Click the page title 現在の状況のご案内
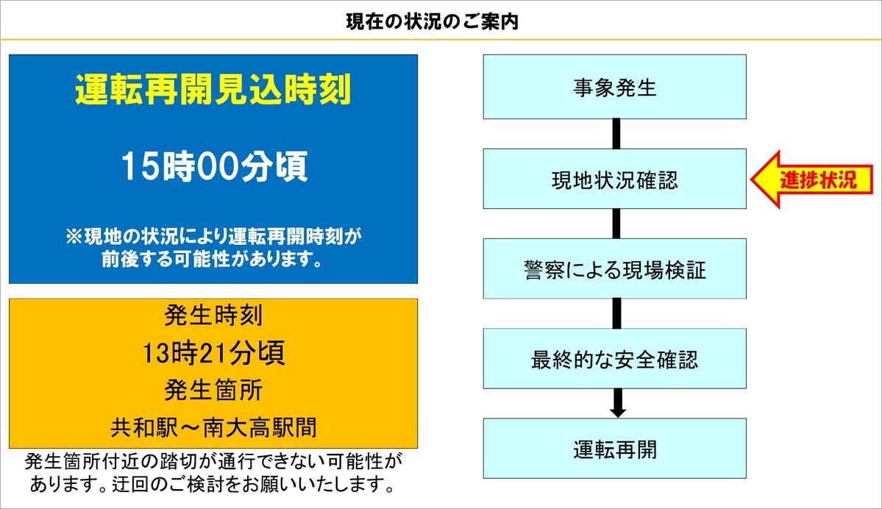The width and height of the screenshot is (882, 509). (x=432, y=22)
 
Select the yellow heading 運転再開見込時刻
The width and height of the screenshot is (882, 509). (x=213, y=90)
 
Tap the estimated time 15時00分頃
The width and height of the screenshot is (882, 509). (x=214, y=166)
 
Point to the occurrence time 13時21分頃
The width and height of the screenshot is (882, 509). (x=213, y=352)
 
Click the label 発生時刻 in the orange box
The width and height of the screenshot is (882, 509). (x=213, y=315)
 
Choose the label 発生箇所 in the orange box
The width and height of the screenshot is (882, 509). (x=213, y=390)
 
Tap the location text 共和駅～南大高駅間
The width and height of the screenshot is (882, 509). (x=213, y=427)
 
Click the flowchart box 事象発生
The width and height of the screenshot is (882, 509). (x=615, y=87)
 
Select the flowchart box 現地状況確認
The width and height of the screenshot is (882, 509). (x=615, y=179)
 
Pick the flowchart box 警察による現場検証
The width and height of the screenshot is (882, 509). (x=615, y=268)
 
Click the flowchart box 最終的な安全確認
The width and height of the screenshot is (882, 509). (x=615, y=358)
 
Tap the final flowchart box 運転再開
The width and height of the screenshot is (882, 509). (x=615, y=448)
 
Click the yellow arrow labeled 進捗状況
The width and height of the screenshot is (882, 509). (x=811, y=179)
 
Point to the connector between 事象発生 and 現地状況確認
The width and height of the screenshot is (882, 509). (x=616, y=134)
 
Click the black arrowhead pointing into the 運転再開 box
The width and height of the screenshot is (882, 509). (x=618, y=412)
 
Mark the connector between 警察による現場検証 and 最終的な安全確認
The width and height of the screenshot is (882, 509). (x=616, y=313)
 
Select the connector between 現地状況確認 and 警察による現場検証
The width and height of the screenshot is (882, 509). (x=616, y=224)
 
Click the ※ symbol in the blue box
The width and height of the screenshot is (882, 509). (x=74, y=236)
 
